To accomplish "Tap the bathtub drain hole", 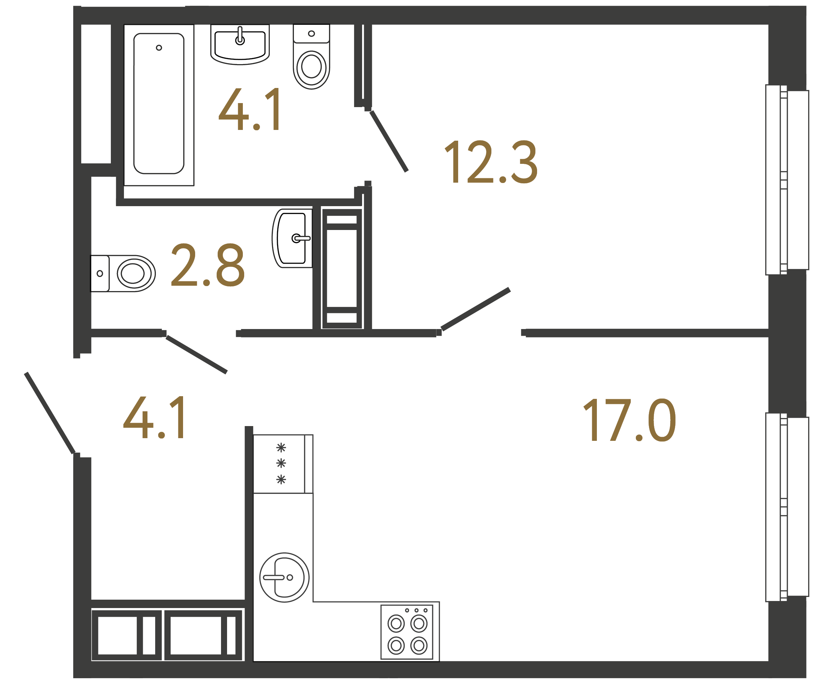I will coord(159,48).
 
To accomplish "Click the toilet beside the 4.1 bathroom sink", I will coord(311,59).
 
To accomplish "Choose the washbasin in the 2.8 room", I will coord(292,238).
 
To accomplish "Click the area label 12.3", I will coord(491,162).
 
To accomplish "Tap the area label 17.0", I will coord(629,420).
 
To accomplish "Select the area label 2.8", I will coord(208,265).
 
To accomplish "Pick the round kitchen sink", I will coord(284,577).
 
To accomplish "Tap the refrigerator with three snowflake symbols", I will coord(282,464).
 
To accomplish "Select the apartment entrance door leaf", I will coord(50,413).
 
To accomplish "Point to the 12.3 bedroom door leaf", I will coord(475,309).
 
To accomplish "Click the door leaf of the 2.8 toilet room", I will coord(196,354).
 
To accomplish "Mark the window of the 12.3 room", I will coord(787,180).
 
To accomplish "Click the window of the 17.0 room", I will coord(787,507).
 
